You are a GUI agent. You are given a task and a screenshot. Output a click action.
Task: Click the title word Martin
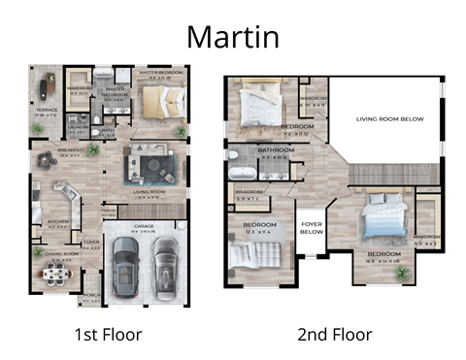pos(232,36)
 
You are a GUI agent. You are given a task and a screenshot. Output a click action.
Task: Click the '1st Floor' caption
pos(109,335)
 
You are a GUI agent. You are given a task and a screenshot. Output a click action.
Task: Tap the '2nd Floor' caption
pos(334,335)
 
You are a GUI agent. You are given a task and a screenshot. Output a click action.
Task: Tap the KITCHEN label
pos(57,221)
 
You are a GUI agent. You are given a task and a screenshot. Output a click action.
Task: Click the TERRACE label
pos(47,110)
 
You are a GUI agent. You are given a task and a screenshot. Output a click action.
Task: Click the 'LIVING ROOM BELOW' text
pos(383,118)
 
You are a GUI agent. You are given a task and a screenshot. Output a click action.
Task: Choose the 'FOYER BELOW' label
pos(311,228)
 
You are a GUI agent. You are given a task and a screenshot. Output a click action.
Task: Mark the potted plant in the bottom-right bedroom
pos(403,274)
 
